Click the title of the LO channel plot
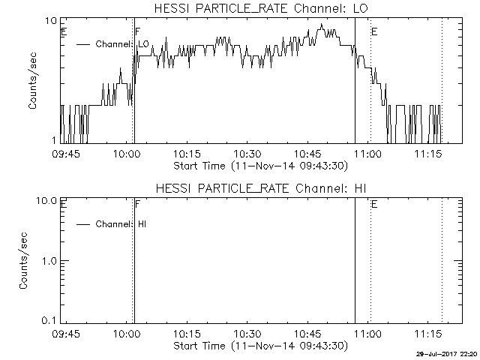click(x=261, y=8)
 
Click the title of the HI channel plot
click(x=261, y=188)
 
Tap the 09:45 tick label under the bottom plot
click(x=66, y=333)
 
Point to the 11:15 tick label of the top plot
click(x=428, y=153)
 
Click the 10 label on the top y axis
click(x=51, y=21)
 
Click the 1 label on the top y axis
click(x=55, y=140)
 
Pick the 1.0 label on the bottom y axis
click(x=49, y=261)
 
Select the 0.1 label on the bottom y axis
click(x=49, y=320)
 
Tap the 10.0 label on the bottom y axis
click(x=46, y=201)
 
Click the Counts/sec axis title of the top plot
click(x=32, y=81)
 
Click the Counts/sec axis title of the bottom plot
click(x=23, y=261)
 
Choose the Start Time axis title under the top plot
click(x=261, y=166)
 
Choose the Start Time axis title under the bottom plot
click(x=261, y=346)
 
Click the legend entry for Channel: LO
click(x=112, y=44)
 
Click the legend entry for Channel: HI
click(x=112, y=224)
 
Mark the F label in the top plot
click(x=138, y=31)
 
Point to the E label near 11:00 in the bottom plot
click(x=374, y=204)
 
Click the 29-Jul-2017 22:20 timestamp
click(x=447, y=354)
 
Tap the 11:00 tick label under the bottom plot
click(x=368, y=333)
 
